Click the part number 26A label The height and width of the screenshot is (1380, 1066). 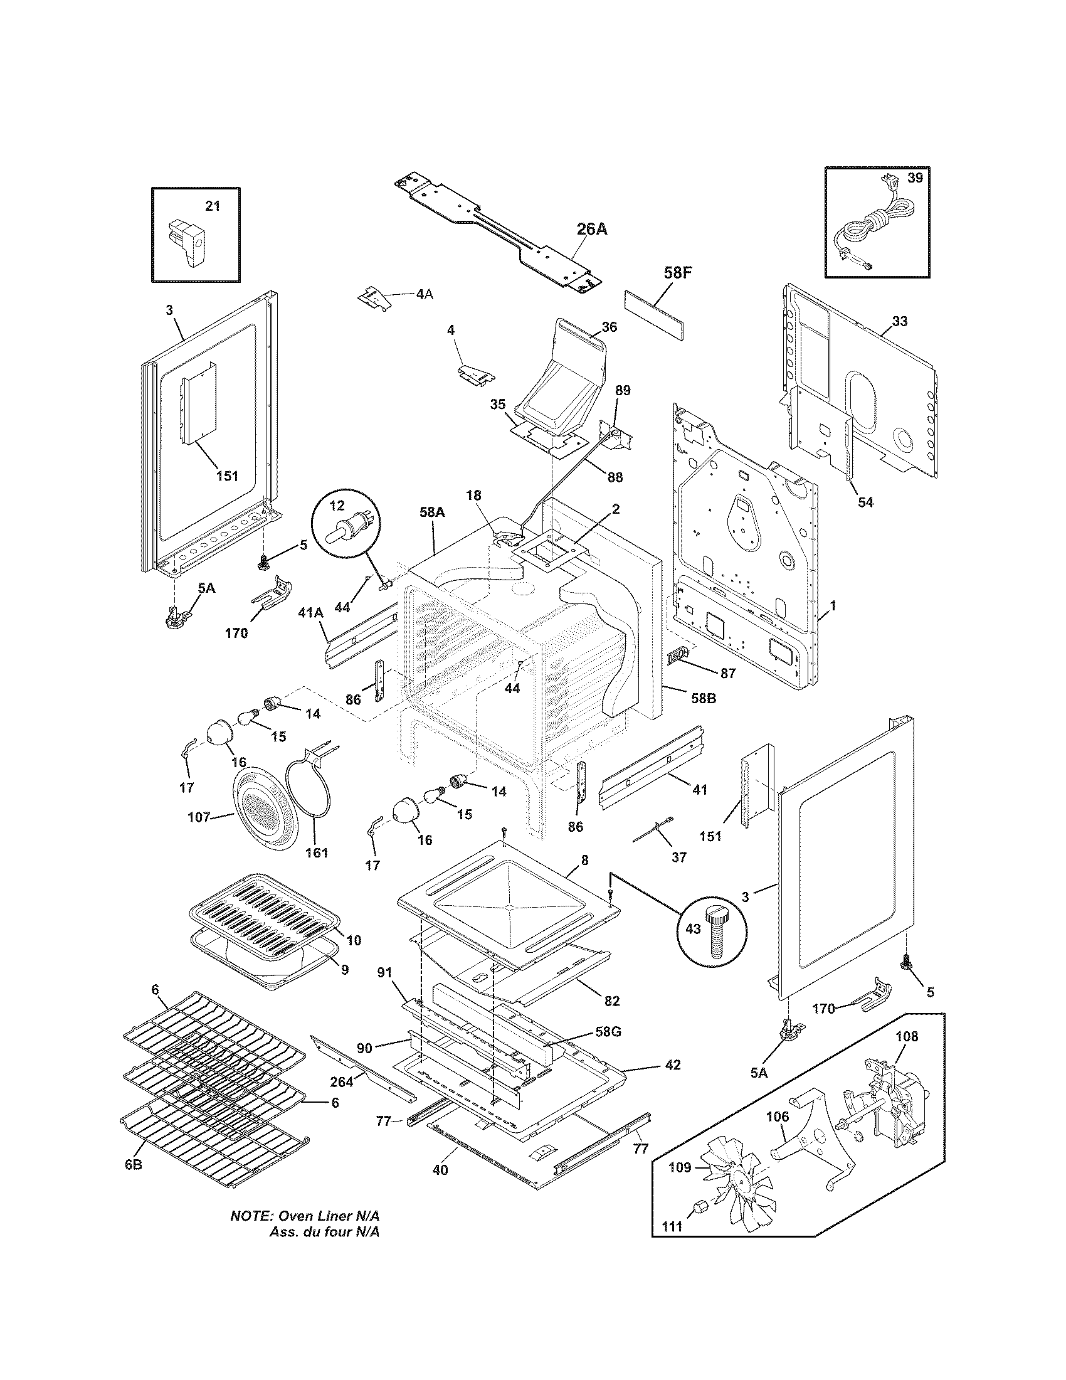coord(591,230)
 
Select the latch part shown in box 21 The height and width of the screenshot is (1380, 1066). coord(187,243)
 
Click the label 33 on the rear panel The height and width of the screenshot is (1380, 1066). coord(899,321)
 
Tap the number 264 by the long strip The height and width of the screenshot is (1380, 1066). coord(342,1082)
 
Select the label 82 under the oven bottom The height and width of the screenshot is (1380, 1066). coord(611,1001)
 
